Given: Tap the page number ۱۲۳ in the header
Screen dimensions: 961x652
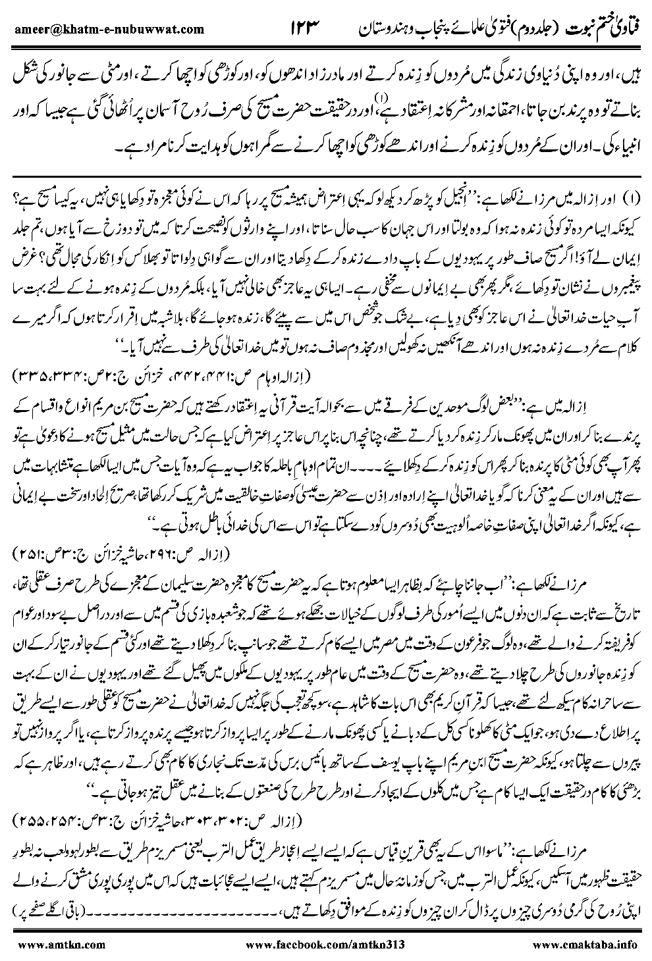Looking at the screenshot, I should click(x=309, y=28).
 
